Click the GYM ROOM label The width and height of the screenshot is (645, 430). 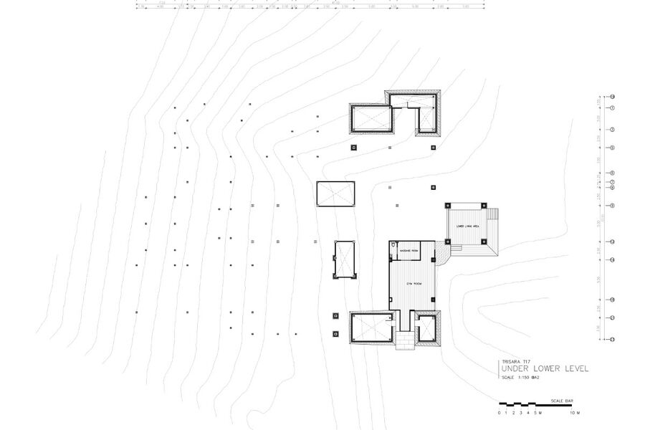pos(414,284)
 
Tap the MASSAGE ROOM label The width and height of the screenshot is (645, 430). pos(409,251)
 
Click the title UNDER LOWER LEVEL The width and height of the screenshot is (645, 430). pos(545,368)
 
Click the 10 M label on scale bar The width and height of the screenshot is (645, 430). pos(575,414)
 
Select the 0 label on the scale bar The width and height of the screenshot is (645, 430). pos(500,414)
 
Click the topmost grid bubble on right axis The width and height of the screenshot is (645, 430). pos(612,96)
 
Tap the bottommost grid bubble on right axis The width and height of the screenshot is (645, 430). pos(612,339)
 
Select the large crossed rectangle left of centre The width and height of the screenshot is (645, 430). pos(336,193)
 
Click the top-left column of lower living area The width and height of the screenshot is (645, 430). pos(449,205)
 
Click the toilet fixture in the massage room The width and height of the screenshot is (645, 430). pos(393,248)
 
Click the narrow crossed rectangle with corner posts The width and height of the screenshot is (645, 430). pos(345,259)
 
